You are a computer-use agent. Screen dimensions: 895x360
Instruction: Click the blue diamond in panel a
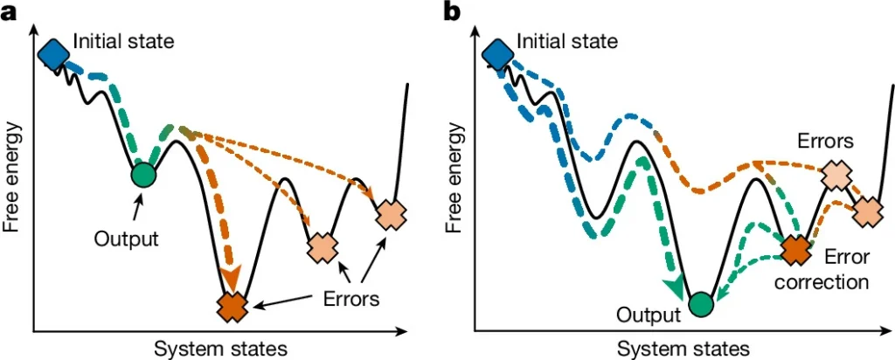pyautogui.click(x=54, y=53)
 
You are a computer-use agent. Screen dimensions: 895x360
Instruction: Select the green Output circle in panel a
pyautogui.click(x=142, y=175)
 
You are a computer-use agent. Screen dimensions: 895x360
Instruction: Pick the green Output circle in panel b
pyautogui.click(x=700, y=305)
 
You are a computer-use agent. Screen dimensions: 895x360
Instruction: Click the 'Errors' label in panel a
pyautogui.click(x=351, y=298)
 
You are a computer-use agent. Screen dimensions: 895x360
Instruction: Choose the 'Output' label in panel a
pyautogui.click(x=126, y=238)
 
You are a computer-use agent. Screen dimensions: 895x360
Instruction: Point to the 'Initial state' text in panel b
pyautogui.click(x=567, y=41)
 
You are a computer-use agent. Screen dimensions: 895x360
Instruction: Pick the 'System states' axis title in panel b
pyautogui.click(x=683, y=348)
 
